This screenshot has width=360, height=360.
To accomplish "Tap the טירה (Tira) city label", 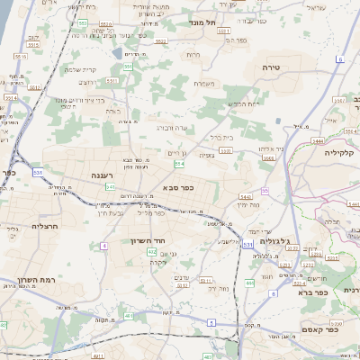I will coord(272,67).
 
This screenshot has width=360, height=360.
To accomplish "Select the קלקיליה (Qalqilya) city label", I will coord(342,153).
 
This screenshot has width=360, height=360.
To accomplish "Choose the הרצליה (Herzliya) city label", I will coord(44,227).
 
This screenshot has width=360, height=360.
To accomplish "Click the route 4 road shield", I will coord(104,245).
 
